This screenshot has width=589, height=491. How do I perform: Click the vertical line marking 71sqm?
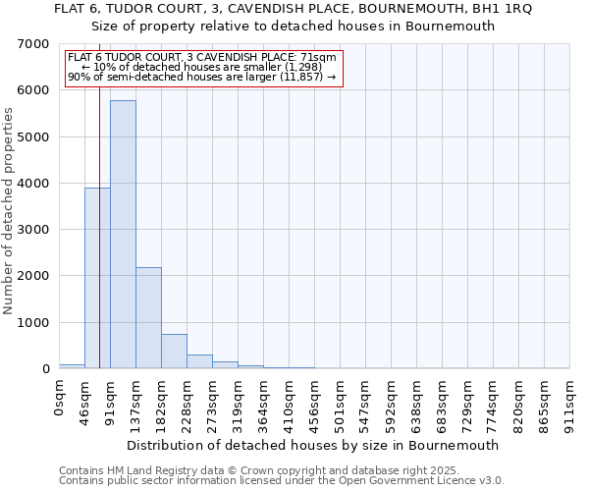tap(99, 196)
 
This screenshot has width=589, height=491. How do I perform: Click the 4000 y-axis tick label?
tap(35, 184)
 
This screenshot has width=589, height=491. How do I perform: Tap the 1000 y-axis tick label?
tap(35, 323)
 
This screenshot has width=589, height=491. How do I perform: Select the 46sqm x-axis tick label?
tap(85, 399)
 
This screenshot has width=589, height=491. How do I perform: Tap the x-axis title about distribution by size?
tap(313, 445)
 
